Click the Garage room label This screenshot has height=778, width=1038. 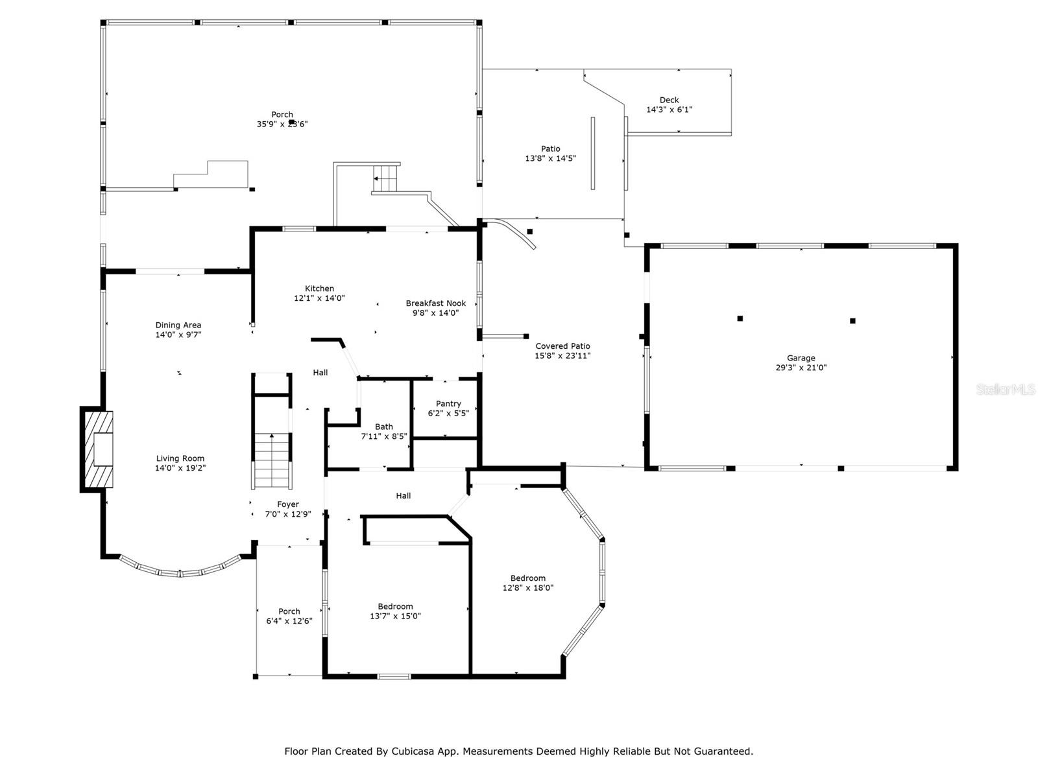coord(801,358)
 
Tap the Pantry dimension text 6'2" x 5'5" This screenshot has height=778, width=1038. coord(448,413)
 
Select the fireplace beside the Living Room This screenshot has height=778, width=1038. coord(97,449)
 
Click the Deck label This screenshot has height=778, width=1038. coord(669,100)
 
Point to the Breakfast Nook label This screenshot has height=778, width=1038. coord(435,303)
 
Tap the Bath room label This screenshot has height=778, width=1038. coord(383,427)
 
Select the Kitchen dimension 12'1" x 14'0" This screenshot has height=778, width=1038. coord(319,298)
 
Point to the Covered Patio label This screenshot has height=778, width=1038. coord(562,346)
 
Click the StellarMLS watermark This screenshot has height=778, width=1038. coord(1006,389)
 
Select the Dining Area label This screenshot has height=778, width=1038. coord(178,325)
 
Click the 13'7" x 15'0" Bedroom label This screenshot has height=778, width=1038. coord(395,607)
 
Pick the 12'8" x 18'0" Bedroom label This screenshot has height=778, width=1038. coord(527,578)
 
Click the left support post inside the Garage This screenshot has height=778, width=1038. coord(740,318)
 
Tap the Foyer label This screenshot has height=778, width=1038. coord(288,504)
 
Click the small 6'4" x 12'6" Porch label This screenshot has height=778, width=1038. coord(289,611)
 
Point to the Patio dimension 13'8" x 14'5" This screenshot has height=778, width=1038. coord(550,158)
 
